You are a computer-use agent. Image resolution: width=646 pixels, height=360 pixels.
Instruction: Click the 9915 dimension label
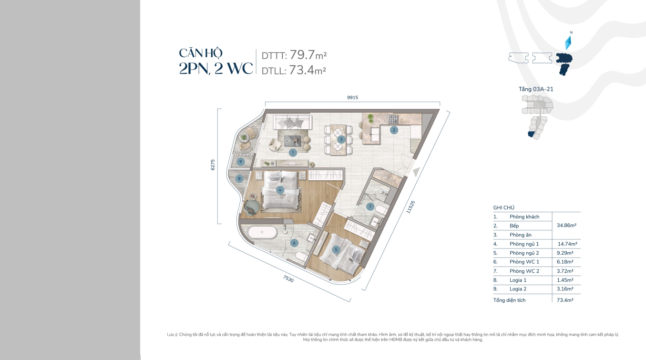[352, 97]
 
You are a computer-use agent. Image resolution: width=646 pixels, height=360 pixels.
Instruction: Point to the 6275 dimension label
[213, 165]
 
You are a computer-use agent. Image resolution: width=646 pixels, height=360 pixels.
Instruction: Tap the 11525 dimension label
[410, 207]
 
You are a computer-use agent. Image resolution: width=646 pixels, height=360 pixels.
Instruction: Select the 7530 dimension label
[288, 278]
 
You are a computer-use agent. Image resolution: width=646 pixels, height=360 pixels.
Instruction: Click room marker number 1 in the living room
[293, 153]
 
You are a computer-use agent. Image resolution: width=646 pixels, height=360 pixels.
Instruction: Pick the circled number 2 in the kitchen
[394, 130]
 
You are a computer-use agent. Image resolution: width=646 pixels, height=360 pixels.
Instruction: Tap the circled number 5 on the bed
[336, 249]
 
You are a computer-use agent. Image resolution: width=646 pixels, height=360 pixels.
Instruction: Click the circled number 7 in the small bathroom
[370, 206]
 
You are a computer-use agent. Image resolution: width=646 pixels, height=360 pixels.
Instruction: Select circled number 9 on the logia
[240, 162]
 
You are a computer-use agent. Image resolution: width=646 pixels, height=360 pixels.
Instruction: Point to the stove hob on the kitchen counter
[394, 119]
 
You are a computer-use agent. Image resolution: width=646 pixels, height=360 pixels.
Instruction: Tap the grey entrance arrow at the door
[416, 172]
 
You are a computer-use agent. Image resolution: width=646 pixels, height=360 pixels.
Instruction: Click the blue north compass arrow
[568, 43]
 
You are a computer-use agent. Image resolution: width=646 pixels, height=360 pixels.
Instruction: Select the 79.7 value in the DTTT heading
[302, 55]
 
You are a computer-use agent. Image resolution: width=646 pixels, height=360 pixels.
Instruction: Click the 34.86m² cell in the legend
[566, 225]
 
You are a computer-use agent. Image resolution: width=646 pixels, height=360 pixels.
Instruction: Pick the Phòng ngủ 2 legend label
[524, 253]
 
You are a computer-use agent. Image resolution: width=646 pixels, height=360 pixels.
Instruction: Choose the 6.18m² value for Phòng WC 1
[565, 262]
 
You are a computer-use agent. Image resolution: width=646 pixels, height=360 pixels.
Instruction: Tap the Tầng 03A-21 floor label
[536, 89]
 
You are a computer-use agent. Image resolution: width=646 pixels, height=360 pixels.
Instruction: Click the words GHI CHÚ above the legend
[503, 208]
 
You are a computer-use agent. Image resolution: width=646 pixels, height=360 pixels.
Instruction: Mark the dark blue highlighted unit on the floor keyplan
[531, 134]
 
